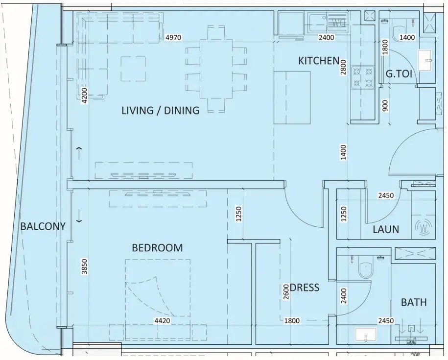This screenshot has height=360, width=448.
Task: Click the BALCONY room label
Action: (43, 226)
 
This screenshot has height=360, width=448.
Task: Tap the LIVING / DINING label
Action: (161, 110)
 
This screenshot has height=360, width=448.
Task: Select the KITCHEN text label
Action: (319, 61)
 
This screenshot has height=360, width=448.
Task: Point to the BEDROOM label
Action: (158, 248)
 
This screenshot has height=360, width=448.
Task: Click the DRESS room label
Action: (305, 288)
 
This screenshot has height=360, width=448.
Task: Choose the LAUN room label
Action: (386, 229)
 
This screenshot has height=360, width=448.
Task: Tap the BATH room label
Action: (414, 302)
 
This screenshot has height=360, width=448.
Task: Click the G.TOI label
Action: (399, 73)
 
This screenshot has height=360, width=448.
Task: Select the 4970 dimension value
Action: (173, 37)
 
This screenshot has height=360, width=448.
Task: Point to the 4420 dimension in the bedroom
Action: (162, 321)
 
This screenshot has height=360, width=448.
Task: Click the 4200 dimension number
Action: (84, 96)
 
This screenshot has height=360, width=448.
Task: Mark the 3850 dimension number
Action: (84, 266)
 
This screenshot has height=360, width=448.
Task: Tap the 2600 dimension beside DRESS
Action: (286, 292)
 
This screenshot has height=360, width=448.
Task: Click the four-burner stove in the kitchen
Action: (363, 77)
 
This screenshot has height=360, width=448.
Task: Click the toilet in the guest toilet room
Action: (398, 32)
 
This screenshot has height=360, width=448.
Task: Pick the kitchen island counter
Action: (292, 98)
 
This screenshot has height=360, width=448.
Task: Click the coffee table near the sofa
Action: (133, 69)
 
